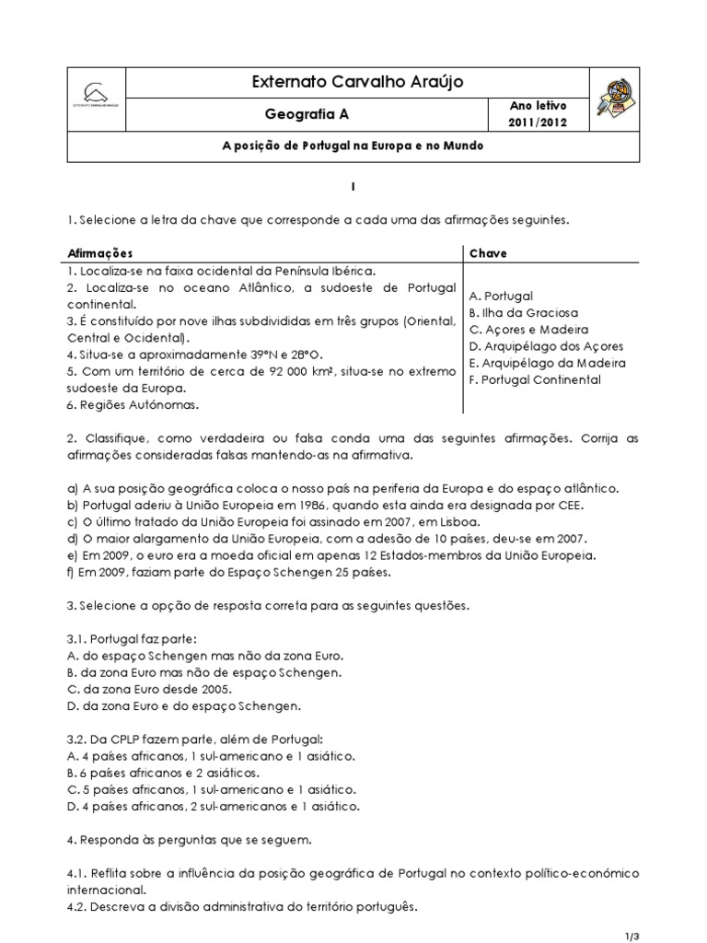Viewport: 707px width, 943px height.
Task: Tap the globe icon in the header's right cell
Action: click(611, 99)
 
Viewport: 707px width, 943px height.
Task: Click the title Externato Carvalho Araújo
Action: click(357, 83)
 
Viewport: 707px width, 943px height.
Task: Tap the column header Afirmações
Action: click(100, 253)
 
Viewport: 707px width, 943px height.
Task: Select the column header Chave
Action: click(488, 253)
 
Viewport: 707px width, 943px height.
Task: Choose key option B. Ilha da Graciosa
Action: click(523, 313)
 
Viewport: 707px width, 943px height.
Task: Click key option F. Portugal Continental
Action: click(534, 379)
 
